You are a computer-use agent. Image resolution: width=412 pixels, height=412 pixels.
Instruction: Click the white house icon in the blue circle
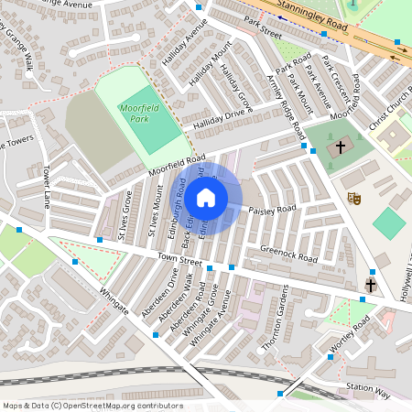[206, 197]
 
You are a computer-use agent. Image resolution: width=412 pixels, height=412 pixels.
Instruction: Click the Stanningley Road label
[315, 16]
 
